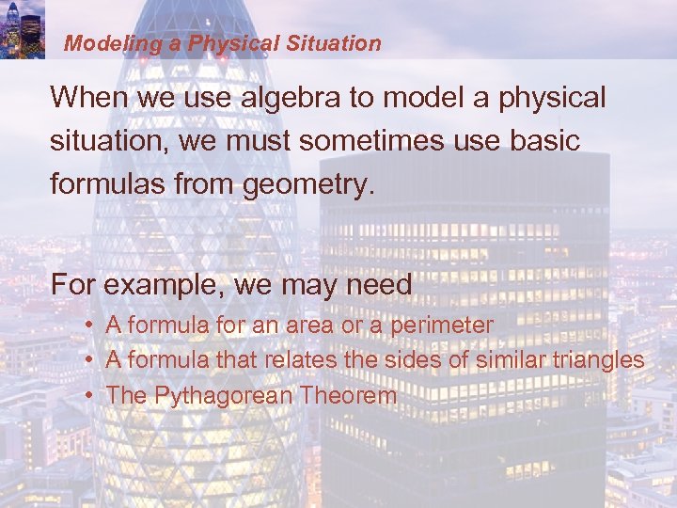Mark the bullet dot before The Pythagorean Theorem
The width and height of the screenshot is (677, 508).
click(x=87, y=396)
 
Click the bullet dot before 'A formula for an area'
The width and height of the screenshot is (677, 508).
click(x=87, y=325)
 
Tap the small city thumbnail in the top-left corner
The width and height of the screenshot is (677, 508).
click(x=23, y=29)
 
